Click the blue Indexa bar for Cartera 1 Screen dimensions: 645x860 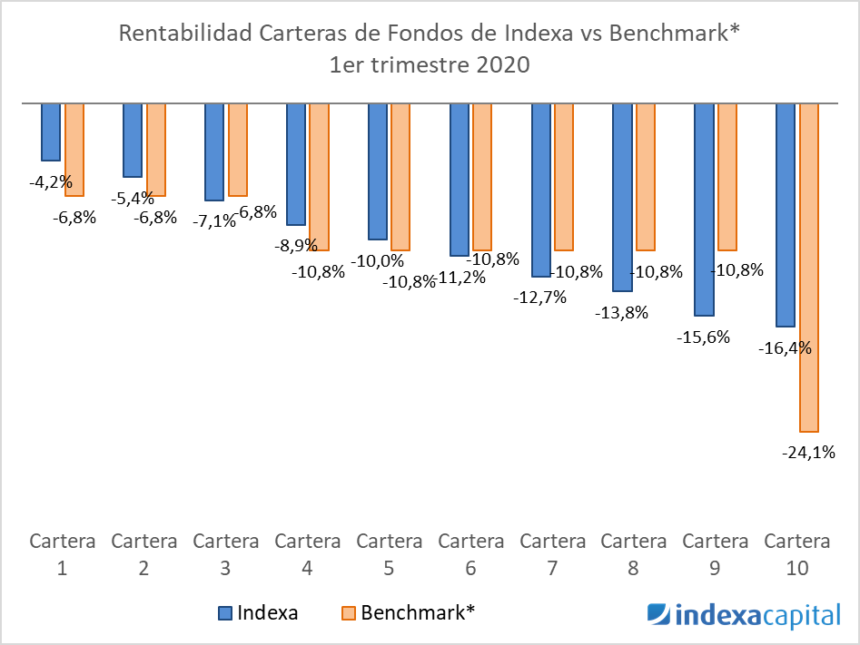pos(51,132)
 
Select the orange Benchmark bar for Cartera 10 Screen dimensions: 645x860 pos(809,268)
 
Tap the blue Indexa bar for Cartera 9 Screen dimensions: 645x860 pos(704,210)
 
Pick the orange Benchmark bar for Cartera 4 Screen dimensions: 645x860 pos(319,177)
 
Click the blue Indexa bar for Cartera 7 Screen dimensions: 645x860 pos(540,190)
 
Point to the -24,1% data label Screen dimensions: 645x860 pos(808,452)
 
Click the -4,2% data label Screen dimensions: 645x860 pos(51,182)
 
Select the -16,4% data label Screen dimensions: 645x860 pos(784,347)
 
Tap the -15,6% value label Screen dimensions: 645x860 pos(703,337)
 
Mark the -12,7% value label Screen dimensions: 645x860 pos(539,297)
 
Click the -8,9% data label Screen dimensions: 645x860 pos(294,245)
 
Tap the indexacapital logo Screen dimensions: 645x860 pos(744,615)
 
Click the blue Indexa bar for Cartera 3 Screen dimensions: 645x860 pos(214,151)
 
